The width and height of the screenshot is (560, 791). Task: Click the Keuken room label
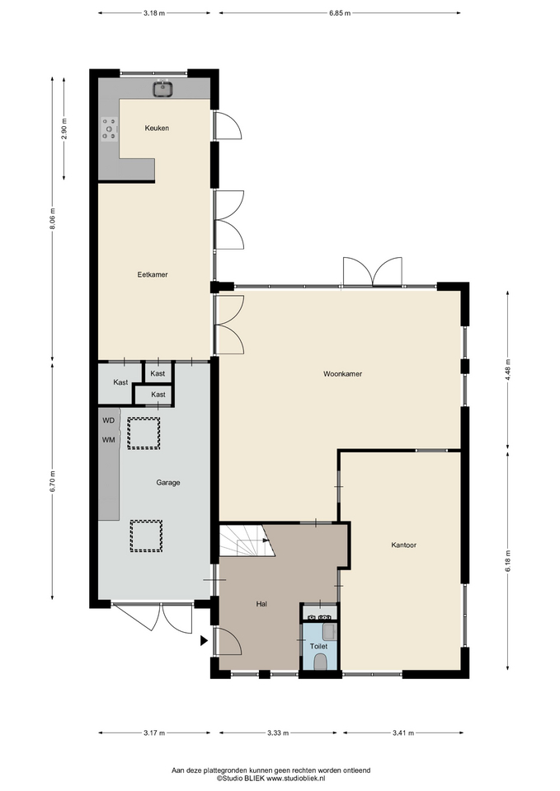(x=157, y=129)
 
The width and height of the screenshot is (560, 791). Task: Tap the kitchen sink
(x=163, y=89)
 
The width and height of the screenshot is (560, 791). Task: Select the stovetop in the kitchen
(x=109, y=129)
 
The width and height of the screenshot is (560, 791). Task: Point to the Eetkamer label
(x=153, y=274)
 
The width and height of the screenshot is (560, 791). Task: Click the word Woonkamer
(x=343, y=374)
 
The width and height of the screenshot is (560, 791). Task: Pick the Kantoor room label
(x=403, y=545)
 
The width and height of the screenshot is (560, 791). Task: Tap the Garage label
(x=168, y=482)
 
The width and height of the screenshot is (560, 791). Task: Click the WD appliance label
(x=109, y=420)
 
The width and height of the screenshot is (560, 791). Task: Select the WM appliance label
(x=109, y=440)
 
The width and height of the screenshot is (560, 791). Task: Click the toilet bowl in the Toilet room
(x=320, y=662)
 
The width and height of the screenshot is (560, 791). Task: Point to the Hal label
(x=261, y=604)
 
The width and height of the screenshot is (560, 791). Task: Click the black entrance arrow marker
(x=204, y=641)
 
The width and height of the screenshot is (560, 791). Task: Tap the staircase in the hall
(x=247, y=541)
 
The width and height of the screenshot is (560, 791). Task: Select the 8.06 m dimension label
(x=52, y=219)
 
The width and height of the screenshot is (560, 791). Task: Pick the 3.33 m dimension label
(x=278, y=733)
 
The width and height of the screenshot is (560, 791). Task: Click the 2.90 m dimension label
(x=64, y=129)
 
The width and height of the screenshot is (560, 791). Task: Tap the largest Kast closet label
(x=120, y=382)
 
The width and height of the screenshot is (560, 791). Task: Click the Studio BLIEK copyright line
(x=271, y=779)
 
